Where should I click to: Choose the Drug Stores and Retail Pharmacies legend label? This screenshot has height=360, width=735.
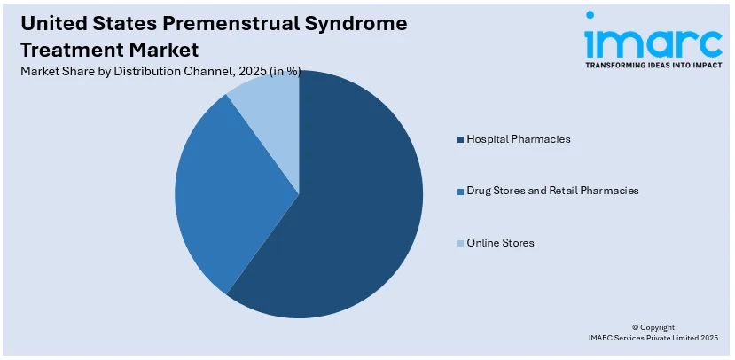point(551,191)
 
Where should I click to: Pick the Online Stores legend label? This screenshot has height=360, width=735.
point(501,242)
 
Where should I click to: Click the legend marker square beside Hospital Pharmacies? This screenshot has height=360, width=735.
point(459,140)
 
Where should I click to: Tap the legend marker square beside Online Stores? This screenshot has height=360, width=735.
point(459,243)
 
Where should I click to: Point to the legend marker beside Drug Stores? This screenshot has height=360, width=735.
point(459,192)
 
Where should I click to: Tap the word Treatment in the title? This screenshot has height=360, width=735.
point(62,49)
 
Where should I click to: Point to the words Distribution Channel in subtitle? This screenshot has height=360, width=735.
point(169,72)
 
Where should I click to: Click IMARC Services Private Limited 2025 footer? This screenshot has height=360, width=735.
point(653,339)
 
